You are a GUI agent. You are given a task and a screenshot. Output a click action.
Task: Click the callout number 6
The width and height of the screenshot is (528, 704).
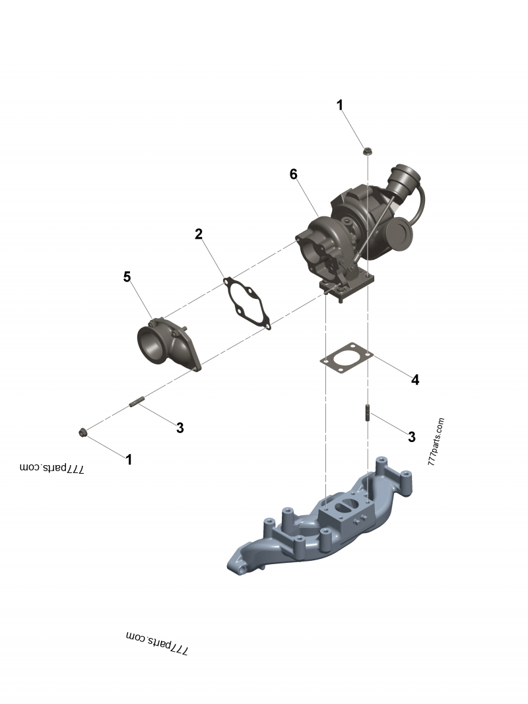(x=294, y=174)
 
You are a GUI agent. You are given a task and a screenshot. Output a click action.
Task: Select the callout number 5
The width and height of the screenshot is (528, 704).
(x=127, y=276)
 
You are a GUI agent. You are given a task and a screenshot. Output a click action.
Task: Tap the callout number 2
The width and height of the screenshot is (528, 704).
(x=198, y=234)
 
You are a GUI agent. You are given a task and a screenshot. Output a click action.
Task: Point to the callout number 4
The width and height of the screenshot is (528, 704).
(x=415, y=379)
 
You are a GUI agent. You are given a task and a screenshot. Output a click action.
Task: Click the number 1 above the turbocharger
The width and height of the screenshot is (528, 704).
(x=340, y=105)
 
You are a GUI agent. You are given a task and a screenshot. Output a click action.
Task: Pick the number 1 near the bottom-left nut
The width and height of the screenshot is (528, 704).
(x=129, y=459)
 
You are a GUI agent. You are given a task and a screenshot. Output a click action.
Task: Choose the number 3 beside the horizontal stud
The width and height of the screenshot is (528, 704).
(x=180, y=428)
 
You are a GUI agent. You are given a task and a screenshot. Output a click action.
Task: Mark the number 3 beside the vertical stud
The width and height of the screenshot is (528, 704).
(x=412, y=436)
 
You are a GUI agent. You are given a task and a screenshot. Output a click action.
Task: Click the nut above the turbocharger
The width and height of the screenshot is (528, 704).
(x=366, y=152)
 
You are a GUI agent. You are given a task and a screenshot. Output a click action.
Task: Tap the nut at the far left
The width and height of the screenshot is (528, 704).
(x=82, y=432)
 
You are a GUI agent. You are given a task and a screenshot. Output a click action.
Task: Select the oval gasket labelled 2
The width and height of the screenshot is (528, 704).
(x=247, y=304)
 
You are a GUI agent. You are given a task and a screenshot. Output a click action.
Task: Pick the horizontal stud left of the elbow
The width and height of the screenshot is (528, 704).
(x=137, y=401)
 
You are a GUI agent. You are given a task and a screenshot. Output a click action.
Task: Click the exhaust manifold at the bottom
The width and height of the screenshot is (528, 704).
(x=317, y=521)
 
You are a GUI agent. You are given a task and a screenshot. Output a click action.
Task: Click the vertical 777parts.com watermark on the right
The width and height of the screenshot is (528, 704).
(x=436, y=442)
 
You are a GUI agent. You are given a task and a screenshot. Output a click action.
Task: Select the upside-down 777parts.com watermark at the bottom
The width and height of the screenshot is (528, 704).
(x=157, y=642)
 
